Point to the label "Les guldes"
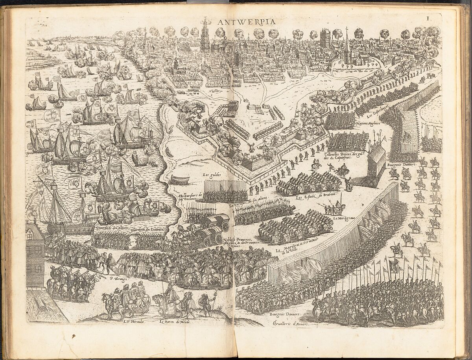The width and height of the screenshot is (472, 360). [211, 174]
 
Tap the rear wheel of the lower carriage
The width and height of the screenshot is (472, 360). [207, 242]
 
